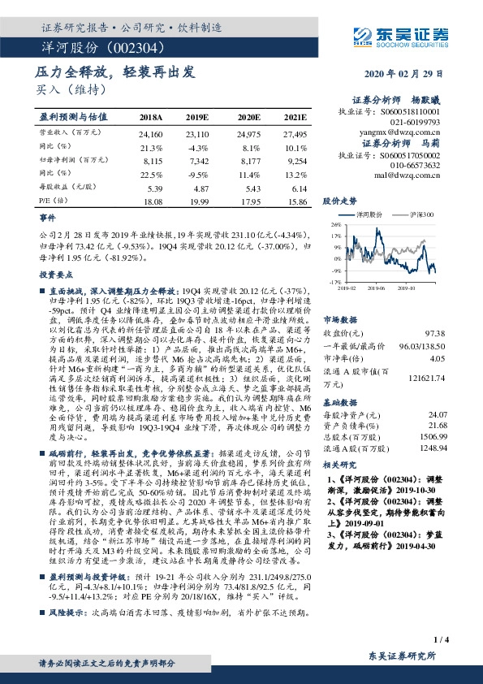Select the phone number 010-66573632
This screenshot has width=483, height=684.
(x=416, y=164)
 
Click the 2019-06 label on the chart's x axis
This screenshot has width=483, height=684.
(x=374, y=287)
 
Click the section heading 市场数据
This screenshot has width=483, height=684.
(x=340, y=319)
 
